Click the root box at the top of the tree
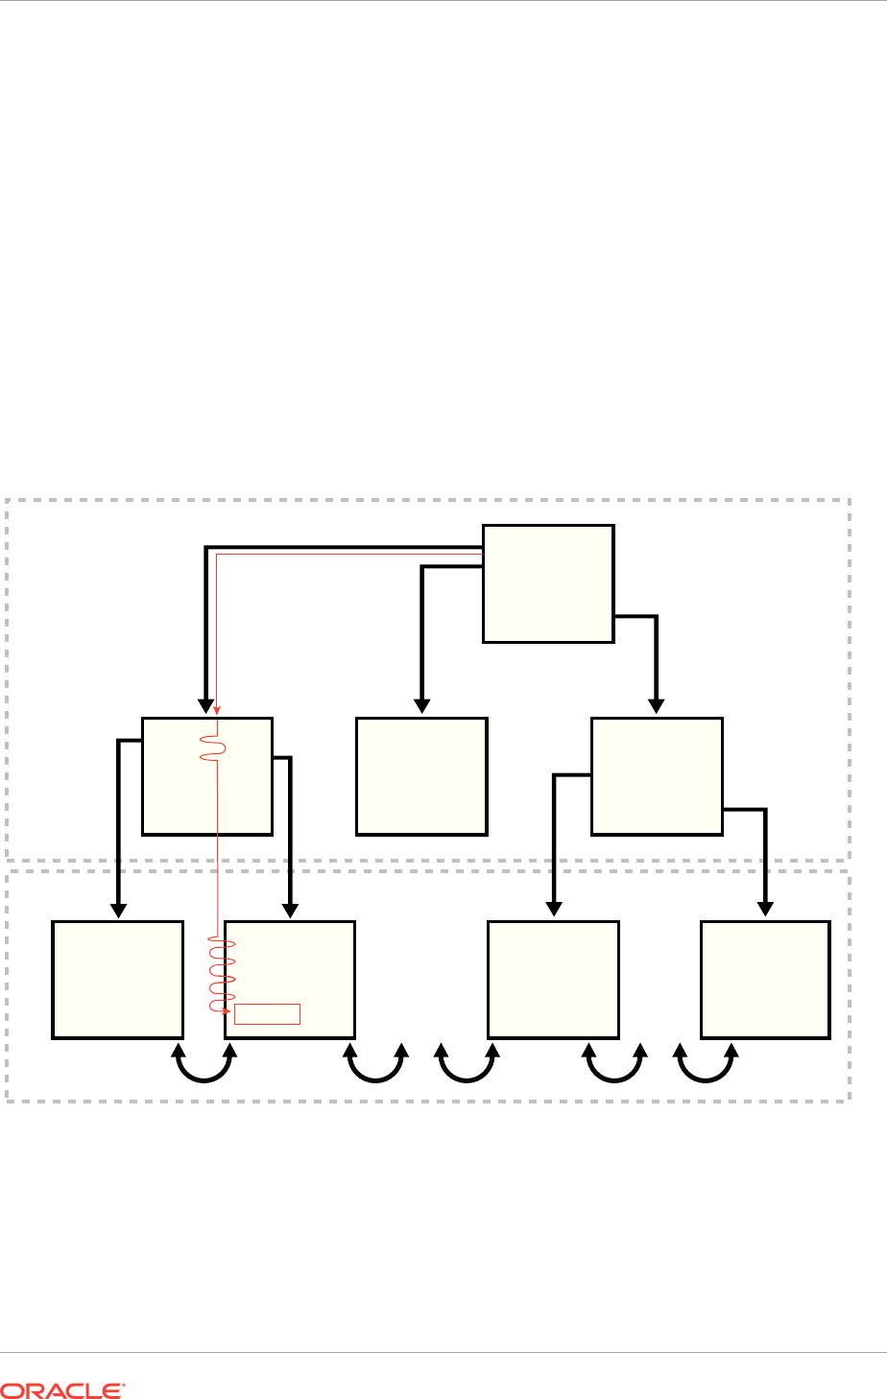tap(547, 582)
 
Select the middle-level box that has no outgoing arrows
tap(421, 776)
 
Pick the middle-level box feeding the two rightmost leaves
tap(657, 776)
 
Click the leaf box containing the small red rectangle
tap(289, 979)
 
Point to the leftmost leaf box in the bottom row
tap(117, 979)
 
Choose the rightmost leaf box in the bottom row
tap(765, 979)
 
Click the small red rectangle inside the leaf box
tap(268, 1013)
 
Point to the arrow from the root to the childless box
tap(420, 633)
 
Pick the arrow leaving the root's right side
tap(655, 662)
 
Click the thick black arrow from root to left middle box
tap(204, 624)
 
